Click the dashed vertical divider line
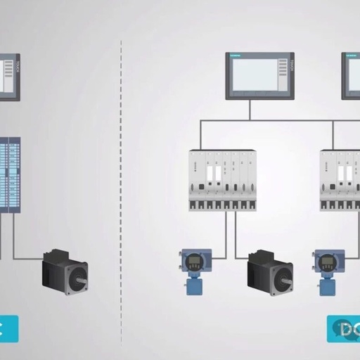click(121, 176)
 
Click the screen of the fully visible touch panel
click(256, 75)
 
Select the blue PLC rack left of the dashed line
click(10, 174)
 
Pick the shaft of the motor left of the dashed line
click(83, 281)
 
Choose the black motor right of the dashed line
click(269, 271)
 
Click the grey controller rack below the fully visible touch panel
click(222, 179)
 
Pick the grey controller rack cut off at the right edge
click(340, 179)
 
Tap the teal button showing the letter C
click(8, 328)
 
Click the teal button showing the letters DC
click(343, 328)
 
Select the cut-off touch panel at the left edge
click(9, 77)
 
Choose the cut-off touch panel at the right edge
click(351, 75)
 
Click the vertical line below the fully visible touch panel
click(250, 109)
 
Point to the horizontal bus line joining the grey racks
click(281, 120)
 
